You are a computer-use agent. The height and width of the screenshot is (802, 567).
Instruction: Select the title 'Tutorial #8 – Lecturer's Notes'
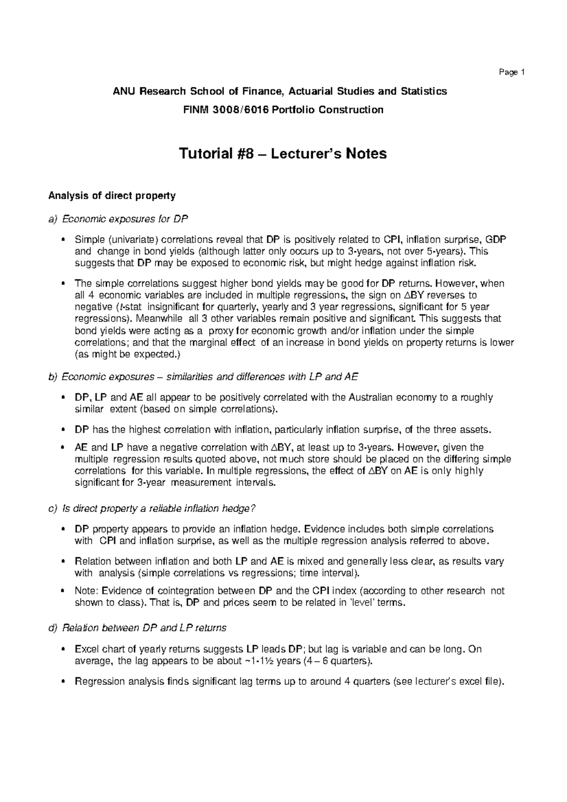click(x=282, y=154)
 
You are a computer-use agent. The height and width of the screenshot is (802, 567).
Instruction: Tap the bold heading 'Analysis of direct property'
click(x=112, y=196)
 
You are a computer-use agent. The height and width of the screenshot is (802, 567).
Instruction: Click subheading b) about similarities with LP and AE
click(x=203, y=377)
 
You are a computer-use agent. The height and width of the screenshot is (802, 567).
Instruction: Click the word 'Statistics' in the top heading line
click(x=423, y=91)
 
